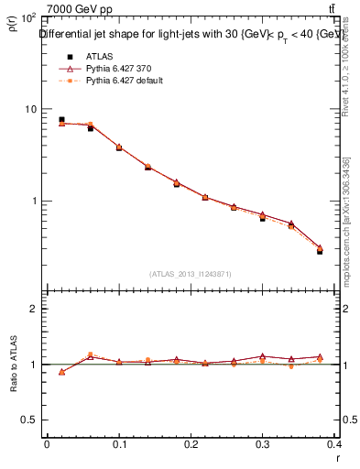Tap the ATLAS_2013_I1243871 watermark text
pyautogui.click(x=191, y=274)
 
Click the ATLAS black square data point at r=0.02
pyautogui.click(x=61, y=119)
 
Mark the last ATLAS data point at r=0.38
pyautogui.click(x=320, y=250)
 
